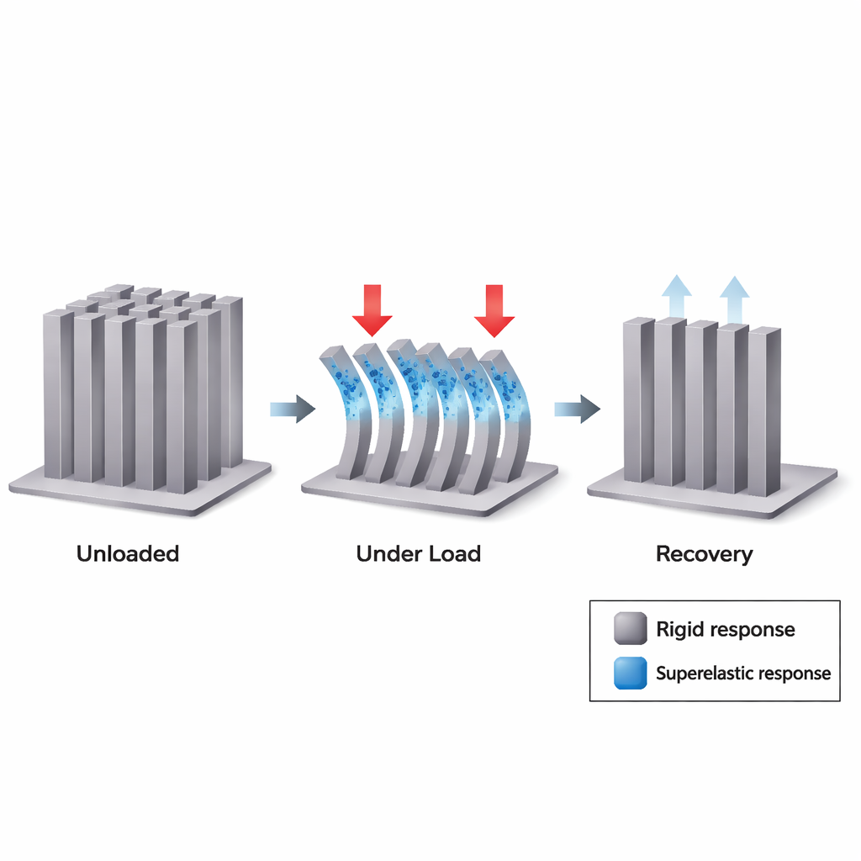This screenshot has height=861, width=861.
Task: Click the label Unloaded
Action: click(128, 554)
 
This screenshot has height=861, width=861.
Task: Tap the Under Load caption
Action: click(418, 554)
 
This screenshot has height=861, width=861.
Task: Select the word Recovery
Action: click(704, 554)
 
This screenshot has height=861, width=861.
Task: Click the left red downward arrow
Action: click(372, 309)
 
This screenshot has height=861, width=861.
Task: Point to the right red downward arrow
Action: click(494, 309)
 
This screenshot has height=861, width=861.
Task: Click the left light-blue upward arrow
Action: click(676, 296)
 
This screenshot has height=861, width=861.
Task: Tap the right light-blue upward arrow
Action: click(734, 296)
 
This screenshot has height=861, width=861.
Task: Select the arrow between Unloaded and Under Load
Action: click(292, 409)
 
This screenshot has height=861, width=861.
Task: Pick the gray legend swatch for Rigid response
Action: click(631, 629)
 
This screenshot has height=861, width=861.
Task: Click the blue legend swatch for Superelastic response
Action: click(631, 673)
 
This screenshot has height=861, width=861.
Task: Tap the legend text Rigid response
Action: click(725, 630)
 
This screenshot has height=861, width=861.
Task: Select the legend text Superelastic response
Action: click(742, 673)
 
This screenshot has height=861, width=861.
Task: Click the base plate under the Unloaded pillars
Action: click(139, 496)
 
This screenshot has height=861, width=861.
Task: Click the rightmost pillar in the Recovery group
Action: click(763, 412)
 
